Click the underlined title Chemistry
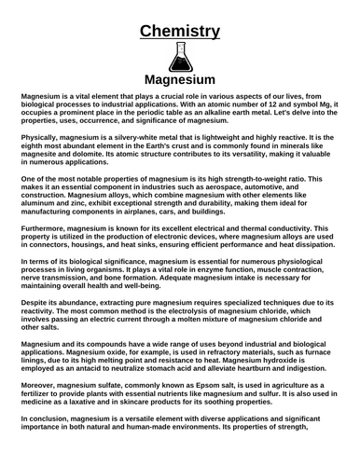(x=180, y=32)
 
